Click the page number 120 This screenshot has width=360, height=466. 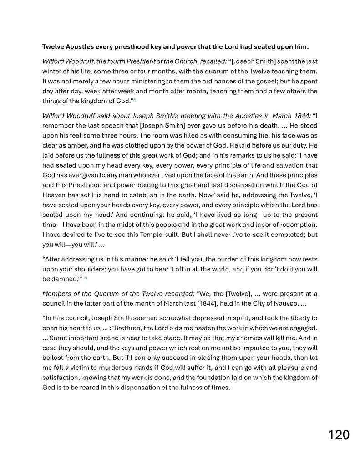point(339,434)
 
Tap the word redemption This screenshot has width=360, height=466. point(297,226)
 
